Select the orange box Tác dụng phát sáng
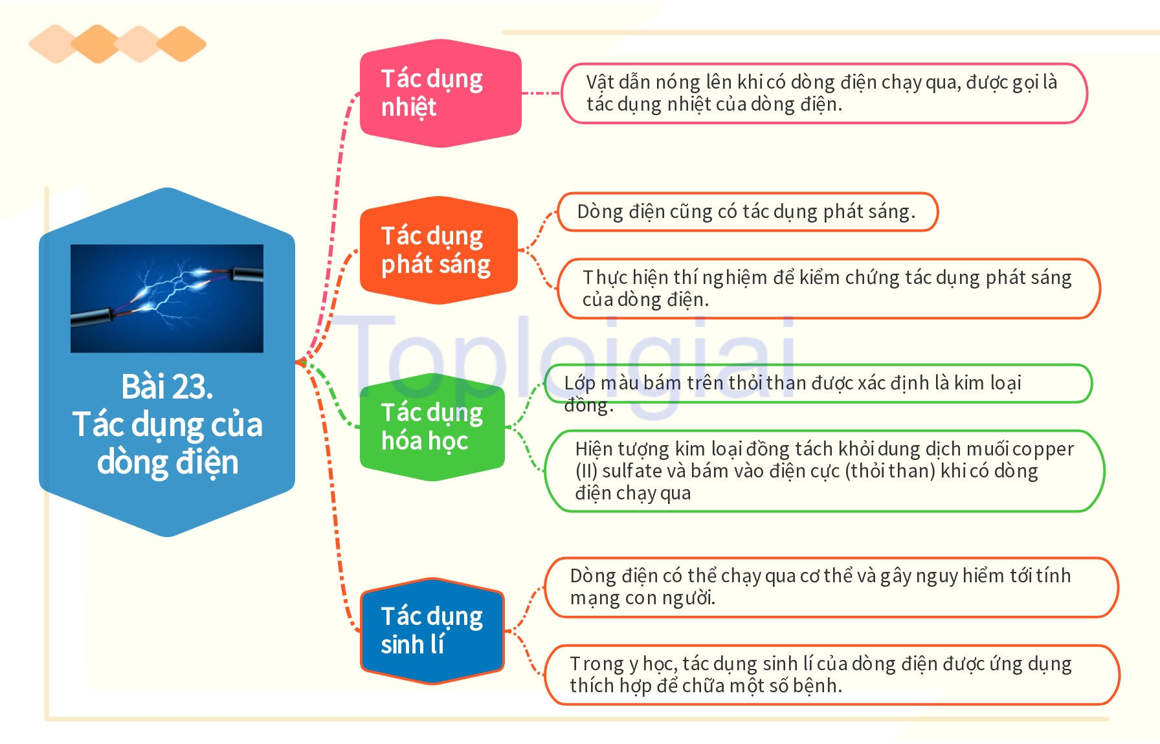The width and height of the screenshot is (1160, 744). (438, 250)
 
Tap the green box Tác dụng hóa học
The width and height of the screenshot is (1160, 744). (432, 427)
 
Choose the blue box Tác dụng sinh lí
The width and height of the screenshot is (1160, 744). (432, 631)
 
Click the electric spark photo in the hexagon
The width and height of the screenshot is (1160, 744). (167, 298)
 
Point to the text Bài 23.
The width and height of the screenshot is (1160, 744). (167, 387)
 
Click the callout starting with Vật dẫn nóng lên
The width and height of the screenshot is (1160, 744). (823, 93)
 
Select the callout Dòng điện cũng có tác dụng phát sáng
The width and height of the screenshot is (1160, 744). (746, 212)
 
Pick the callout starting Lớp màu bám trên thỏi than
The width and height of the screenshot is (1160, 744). (817, 384)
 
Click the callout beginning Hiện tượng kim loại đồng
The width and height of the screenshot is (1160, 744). (823, 471)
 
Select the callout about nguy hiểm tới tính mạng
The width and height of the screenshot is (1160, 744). (831, 587)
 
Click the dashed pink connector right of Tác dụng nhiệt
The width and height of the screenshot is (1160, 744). (541, 93)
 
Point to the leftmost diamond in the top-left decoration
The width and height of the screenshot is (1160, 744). (54, 44)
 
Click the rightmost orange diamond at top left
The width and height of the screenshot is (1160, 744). (182, 44)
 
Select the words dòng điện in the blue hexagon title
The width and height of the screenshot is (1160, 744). (167, 462)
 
